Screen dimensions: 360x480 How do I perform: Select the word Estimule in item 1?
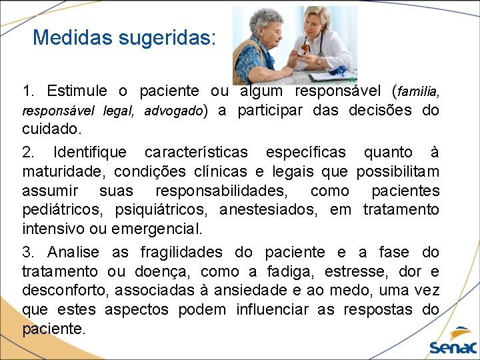[89, 91]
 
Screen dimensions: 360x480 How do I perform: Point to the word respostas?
[379, 310]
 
